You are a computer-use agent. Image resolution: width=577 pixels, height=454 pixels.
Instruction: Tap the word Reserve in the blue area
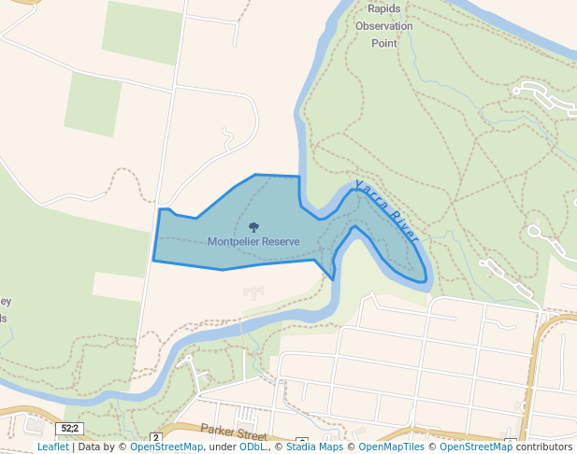tap(281, 241)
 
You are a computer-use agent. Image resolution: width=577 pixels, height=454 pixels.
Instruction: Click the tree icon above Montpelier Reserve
tap(253, 226)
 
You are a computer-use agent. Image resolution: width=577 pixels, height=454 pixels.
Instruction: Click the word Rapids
tap(383, 9)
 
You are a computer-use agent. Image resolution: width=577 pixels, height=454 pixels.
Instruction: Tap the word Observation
tap(383, 26)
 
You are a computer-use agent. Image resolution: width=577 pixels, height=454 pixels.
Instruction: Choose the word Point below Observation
tap(383, 43)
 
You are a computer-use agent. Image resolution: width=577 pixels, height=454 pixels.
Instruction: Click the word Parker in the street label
tap(217, 431)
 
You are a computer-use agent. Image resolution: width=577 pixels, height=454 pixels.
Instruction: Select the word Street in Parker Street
tap(251, 434)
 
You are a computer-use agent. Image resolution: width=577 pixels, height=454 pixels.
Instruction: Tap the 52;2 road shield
tap(68, 428)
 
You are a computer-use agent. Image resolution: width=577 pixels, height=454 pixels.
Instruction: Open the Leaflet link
tap(52, 447)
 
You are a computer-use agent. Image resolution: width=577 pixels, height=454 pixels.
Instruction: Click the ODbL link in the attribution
tap(252, 447)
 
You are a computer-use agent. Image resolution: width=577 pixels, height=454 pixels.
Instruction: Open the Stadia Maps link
tap(311, 447)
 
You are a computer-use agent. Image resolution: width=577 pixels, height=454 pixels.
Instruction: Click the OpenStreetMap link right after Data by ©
tap(166, 447)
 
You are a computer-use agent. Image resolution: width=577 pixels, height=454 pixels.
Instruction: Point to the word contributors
tap(543, 447)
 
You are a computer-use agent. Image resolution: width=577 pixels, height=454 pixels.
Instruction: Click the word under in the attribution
tap(222, 447)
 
